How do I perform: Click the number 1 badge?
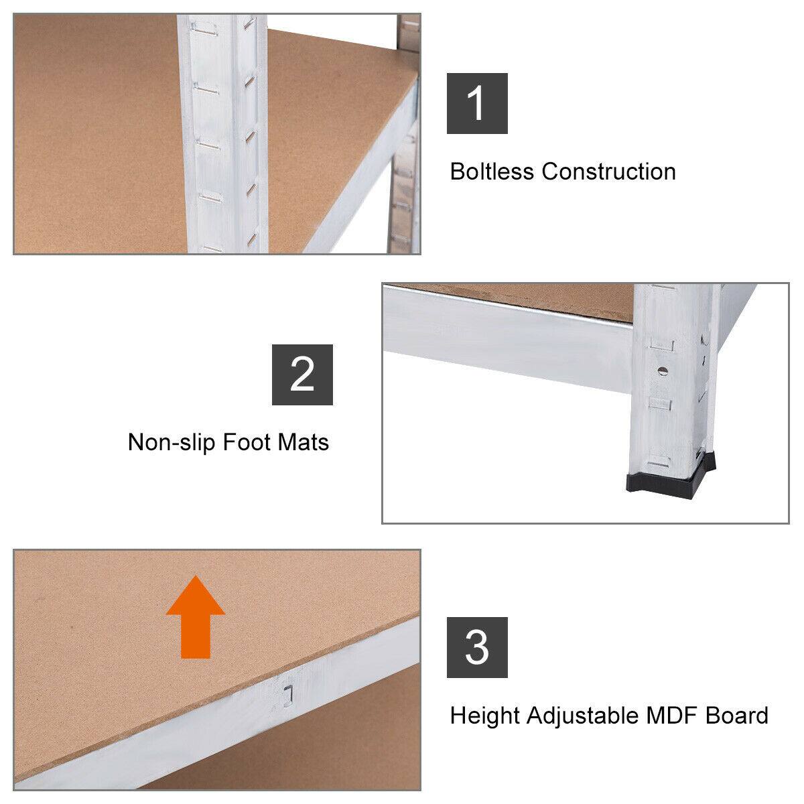(x=477, y=104)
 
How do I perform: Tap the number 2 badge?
(x=302, y=375)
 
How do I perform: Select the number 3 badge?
(x=477, y=648)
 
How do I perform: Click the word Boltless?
(x=492, y=172)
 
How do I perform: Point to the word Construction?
(x=608, y=172)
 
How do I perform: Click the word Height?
(x=484, y=716)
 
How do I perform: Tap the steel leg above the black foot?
(x=670, y=402)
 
